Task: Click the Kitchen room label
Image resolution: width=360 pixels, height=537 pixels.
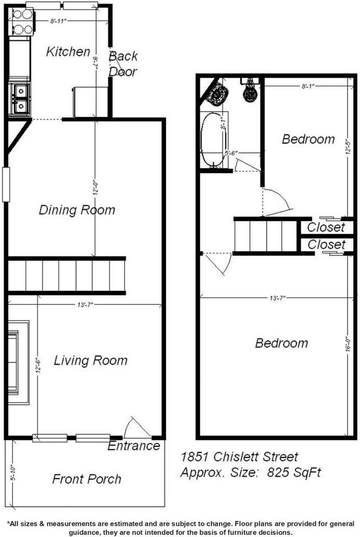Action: (68, 52)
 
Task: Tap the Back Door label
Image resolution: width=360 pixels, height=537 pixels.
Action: (123, 64)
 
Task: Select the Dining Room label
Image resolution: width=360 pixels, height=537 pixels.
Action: (77, 210)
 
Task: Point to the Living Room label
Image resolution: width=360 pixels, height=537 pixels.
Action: (91, 361)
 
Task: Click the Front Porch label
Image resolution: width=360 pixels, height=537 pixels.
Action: (87, 479)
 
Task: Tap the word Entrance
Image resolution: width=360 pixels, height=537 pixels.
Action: (134, 446)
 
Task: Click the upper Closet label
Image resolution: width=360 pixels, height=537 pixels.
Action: (326, 228)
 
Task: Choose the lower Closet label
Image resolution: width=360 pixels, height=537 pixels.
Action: (326, 245)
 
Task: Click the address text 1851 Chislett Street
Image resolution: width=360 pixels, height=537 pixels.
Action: (239, 457)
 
